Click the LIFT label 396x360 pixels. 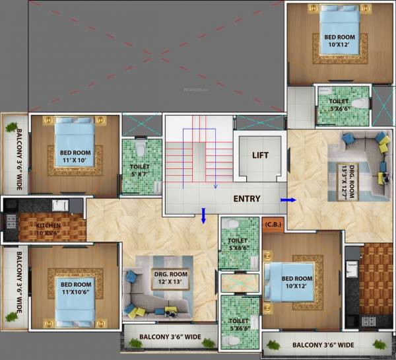[x=261, y=156]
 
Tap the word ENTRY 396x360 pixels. [x=246, y=199]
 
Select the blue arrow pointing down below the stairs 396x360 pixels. [x=204, y=215]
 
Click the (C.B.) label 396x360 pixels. [x=273, y=224]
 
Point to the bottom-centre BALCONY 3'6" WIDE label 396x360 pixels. [x=170, y=338]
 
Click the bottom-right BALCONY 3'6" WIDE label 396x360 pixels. [x=323, y=345]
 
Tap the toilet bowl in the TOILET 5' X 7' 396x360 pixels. [x=139, y=147]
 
